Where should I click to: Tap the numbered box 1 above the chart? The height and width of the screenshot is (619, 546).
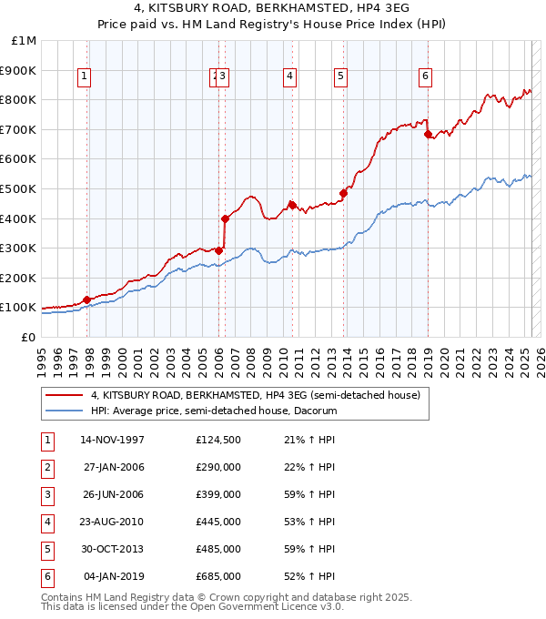click(x=84, y=77)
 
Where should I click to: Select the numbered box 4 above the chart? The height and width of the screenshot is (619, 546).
click(x=289, y=77)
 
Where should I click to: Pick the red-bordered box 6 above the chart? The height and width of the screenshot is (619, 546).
click(x=425, y=77)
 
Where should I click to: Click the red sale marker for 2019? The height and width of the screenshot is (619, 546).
click(x=428, y=134)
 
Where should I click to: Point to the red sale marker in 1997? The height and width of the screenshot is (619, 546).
click(x=87, y=299)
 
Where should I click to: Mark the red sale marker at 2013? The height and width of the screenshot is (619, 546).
click(x=344, y=193)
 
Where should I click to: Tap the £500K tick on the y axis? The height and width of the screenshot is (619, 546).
click(x=20, y=188)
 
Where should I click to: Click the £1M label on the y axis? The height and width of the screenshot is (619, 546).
click(x=25, y=41)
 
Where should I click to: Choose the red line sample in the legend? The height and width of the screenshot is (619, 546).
click(x=64, y=395)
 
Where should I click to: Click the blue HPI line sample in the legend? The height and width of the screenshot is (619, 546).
click(x=64, y=411)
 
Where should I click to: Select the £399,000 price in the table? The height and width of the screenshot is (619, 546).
click(x=218, y=495)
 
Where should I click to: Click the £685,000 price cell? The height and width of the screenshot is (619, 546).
click(x=218, y=577)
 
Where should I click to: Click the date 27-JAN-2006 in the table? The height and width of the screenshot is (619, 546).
click(x=114, y=468)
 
